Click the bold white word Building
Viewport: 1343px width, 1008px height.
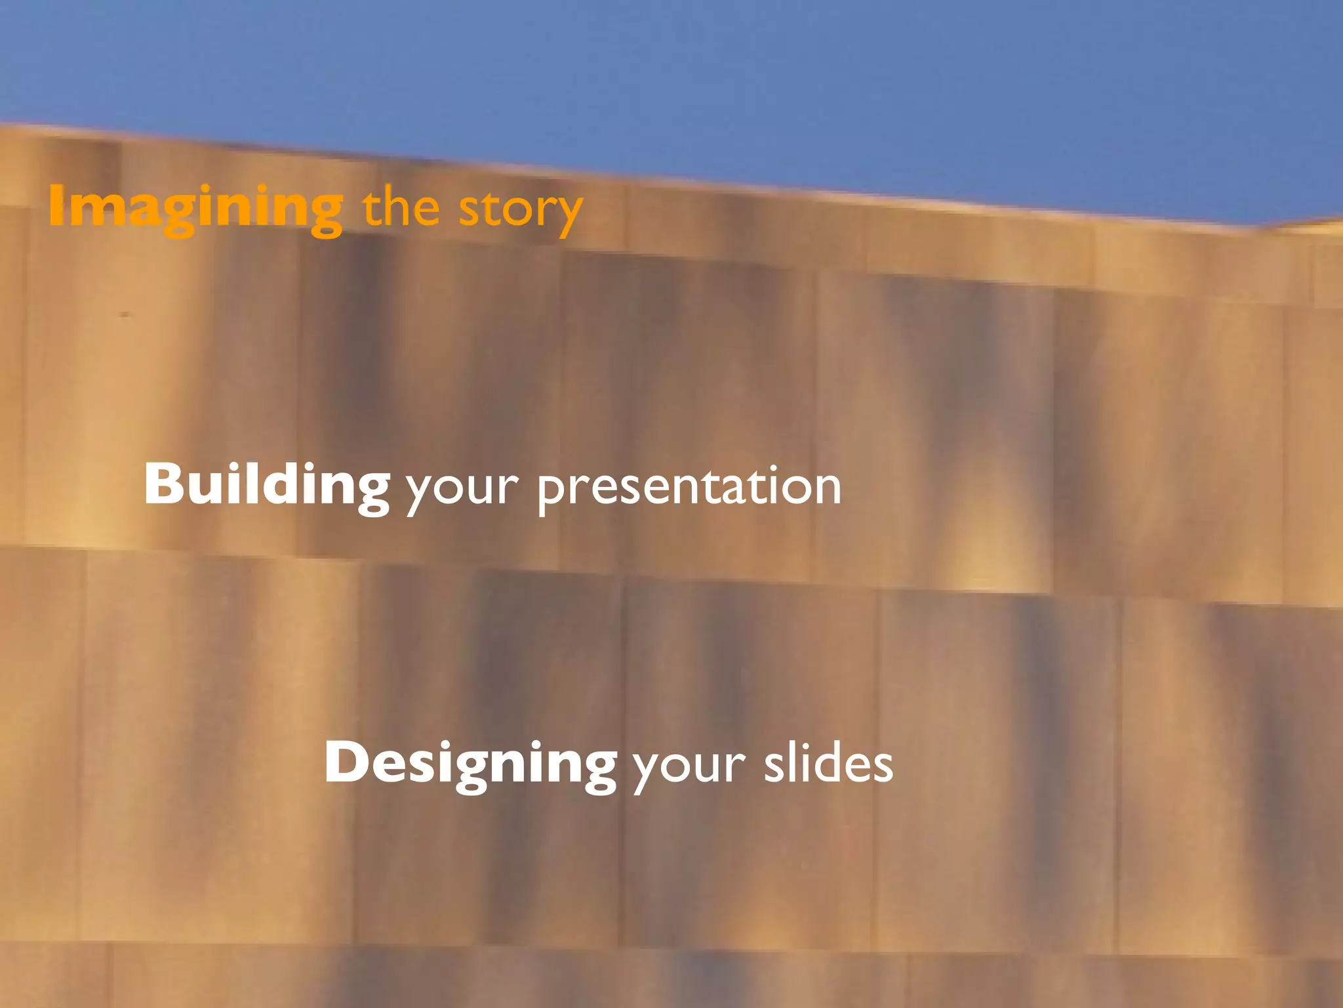click(267, 486)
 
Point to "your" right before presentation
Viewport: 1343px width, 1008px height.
click(462, 489)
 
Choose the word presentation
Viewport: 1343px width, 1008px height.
click(689, 487)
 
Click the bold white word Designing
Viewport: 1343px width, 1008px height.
click(470, 764)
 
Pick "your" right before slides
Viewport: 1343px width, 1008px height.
click(689, 766)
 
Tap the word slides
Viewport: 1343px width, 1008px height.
click(828, 764)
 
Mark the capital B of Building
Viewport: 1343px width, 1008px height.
click(163, 484)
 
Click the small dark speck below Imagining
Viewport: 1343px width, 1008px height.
click(124, 314)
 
